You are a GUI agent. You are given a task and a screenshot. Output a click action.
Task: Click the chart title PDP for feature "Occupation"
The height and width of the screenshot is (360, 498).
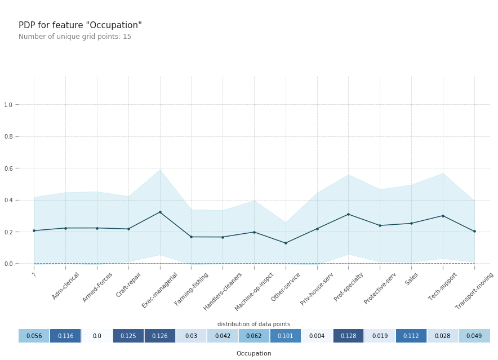pyautogui.click(x=80, y=25)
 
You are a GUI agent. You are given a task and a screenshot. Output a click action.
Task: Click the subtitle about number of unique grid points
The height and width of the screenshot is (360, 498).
pyautogui.click(x=75, y=36)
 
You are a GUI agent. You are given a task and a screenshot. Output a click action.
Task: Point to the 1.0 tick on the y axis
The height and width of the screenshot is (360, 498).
pyautogui.click(x=8, y=105)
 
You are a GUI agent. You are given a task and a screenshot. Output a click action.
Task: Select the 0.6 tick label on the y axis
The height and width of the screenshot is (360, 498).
pyautogui.click(x=8, y=168)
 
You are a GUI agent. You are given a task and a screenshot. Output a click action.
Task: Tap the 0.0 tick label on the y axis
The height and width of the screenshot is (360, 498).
pyautogui.click(x=8, y=264)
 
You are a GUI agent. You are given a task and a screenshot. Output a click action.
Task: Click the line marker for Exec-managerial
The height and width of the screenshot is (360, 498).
pyautogui.click(x=160, y=212)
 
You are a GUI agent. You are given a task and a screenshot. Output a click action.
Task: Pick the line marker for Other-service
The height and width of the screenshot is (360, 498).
pyautogui.click(x=286, y=243)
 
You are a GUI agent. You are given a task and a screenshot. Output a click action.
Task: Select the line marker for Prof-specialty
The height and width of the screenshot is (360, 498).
pyautogui.click(x=349, y=214)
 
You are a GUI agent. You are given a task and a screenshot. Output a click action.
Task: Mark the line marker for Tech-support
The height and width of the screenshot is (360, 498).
pyautogui.click(x=443, y=216)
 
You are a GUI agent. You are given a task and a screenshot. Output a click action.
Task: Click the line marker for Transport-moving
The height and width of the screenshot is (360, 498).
pyautogui.click(x=474, y=231)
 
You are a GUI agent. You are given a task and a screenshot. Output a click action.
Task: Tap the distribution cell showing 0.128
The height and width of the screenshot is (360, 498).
pyautogui.click(x=349, y=336)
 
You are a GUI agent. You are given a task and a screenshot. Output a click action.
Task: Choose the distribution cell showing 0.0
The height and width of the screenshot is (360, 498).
pyautogui.click(x=97, y=336)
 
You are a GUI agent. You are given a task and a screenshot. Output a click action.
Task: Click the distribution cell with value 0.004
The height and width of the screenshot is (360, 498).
pyautogui.click(x=317, y=336)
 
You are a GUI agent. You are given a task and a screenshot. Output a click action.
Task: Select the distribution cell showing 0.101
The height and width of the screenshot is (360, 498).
pyautogui.click(x=286, y=336)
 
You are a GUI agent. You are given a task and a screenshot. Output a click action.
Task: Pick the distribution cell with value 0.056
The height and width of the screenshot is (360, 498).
pyautogui.click(x=34, y=336)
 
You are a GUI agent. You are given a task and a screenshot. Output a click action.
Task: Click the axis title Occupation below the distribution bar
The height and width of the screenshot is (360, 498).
pyautogui.click(x=254, y=353)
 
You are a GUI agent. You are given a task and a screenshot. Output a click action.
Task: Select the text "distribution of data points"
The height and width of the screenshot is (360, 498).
pyautogui.click(x=254, y=324)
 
